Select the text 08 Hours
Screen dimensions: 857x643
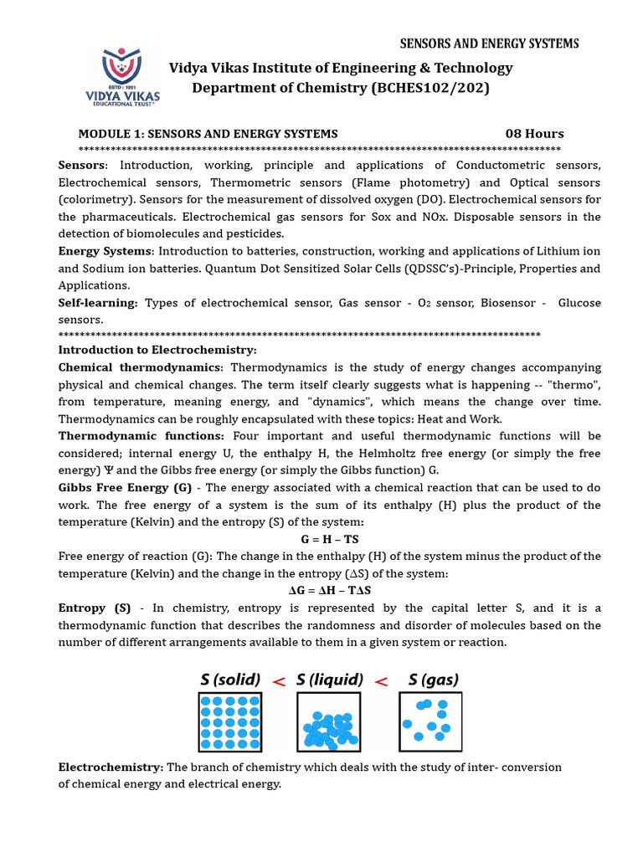(534, 134)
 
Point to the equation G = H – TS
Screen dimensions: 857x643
(330, 539)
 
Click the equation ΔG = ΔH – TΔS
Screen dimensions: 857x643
(330, 590)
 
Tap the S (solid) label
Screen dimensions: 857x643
(229, 680)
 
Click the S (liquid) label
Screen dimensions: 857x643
(330, 680)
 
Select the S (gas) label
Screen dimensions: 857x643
(433, 680)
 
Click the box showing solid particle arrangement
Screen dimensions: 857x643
(229, 721)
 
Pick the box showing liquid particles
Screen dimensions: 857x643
(329, 721)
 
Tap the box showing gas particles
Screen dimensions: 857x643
(430, 721)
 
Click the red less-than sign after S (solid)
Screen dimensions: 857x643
(279, 681)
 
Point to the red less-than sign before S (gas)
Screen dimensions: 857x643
(381, 681)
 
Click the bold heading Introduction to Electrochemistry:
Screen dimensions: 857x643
(157, 350)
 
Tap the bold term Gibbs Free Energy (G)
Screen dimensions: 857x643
(125, 488)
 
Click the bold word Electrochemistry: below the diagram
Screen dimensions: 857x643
(111, 767)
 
